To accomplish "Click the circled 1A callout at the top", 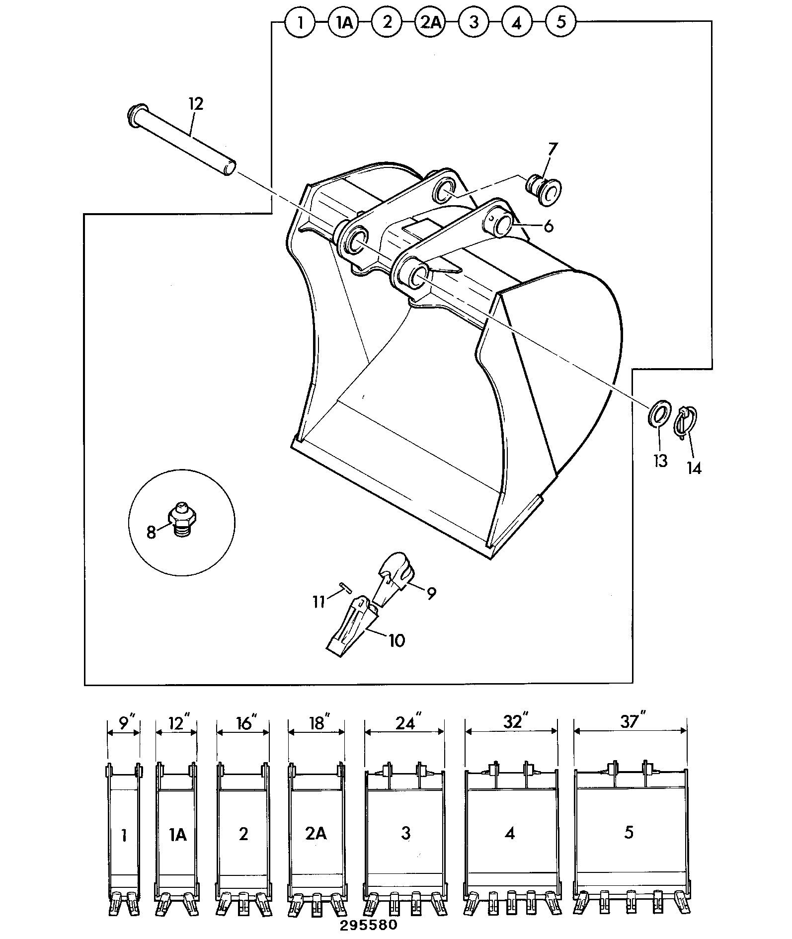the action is (x=343, y=23).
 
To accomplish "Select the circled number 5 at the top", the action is (x=561, y=22).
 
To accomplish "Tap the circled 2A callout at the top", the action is (x=430, y=23).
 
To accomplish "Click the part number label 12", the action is (x=196, y=104).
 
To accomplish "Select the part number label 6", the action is (x=548, y=226).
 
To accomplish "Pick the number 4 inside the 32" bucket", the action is (x=510, y=833).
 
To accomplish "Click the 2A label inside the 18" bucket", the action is (x=316, y=833).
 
